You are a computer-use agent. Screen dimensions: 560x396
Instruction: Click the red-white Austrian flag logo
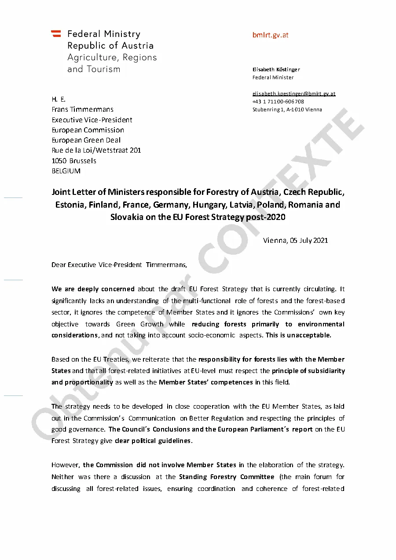(56, 33)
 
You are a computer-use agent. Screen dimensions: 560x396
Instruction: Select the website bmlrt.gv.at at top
(270, 35)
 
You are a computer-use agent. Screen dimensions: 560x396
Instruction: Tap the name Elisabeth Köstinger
(276, 70)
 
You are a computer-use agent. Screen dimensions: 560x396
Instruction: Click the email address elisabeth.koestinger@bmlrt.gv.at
(293, 94)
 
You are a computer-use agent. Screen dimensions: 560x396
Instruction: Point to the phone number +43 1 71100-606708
(278, 102)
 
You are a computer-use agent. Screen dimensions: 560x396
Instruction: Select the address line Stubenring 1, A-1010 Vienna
(287, 110)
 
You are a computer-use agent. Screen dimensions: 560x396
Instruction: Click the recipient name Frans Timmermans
(82, 110)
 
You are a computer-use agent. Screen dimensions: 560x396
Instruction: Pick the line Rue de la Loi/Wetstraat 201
(96, 150)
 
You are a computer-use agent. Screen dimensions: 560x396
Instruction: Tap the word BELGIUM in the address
(66, 171)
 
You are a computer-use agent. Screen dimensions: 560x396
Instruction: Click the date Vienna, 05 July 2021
(295, 241)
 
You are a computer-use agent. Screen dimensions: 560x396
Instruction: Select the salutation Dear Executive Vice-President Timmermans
(119, 265)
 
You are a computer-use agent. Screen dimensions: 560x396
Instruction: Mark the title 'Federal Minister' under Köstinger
(273, 77)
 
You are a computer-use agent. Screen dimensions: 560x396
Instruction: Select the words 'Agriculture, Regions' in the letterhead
(112, 58)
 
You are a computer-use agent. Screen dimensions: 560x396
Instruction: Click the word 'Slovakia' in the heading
(127, 217)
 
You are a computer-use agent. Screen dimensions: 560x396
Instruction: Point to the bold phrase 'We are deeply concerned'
(93, 289)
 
